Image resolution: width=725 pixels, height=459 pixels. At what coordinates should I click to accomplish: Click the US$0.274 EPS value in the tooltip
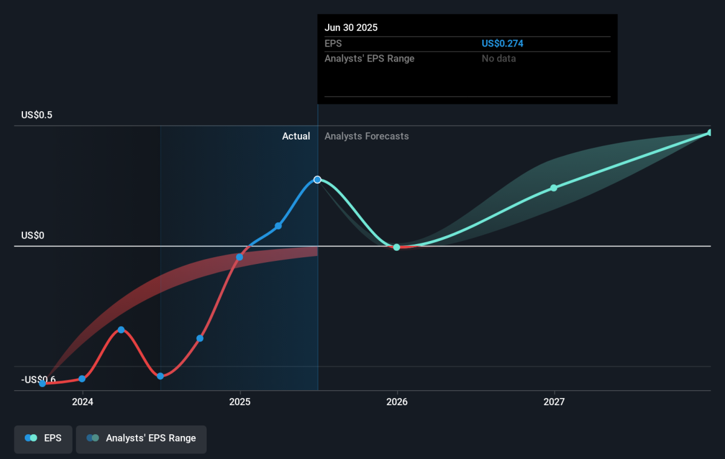(502, 43)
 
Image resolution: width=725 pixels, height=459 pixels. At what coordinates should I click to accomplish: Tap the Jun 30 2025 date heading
(351, 28)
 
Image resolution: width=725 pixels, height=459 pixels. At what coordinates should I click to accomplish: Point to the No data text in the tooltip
(498, 59)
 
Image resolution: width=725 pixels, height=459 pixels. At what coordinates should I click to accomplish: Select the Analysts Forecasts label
(366, 136)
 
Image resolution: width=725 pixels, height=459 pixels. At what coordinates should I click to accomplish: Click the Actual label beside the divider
(296, 136)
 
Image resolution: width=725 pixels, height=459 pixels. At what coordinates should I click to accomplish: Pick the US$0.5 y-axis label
(37, 115)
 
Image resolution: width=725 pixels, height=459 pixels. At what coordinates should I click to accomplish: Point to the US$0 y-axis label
(33, 235)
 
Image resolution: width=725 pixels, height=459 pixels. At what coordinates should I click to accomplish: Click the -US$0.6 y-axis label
(38, 379)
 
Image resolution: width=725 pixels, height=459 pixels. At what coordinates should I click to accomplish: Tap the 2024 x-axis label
(83, 402)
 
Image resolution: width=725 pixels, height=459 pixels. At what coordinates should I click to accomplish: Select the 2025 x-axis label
(240, 402)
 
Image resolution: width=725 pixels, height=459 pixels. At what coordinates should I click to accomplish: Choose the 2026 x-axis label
(397, 402)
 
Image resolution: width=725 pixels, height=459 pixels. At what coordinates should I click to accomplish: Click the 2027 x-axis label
(554, 402)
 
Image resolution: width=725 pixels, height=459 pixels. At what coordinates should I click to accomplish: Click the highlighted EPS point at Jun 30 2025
(318, 179)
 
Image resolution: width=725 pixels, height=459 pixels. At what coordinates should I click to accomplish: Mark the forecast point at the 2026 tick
(397, 248)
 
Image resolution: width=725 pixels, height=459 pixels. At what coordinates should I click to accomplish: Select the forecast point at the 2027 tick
(554, 188)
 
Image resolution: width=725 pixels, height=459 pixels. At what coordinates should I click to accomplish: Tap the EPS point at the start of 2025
(239, 257)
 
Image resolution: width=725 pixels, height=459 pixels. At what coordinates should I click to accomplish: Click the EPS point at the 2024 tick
(82, 379)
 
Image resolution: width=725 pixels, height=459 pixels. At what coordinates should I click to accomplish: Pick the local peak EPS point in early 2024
(121, 330)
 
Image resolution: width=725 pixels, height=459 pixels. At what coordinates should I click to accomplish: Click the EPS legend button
(43, 439)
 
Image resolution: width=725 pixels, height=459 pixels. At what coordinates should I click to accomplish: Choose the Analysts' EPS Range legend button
(141, 439)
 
